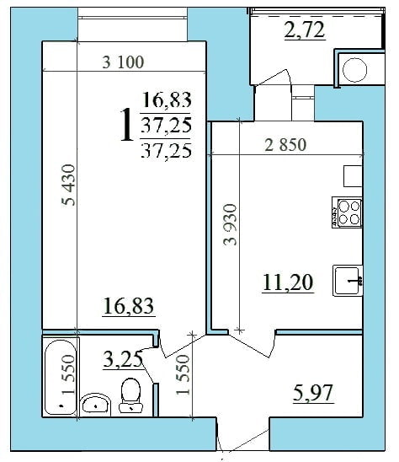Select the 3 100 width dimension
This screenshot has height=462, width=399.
[x=123, y=62]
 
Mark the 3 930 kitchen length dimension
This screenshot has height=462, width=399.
[x=231, y=223]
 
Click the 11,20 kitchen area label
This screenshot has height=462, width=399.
[x=287, y=282]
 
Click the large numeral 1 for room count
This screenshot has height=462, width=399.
[x=126, y=125]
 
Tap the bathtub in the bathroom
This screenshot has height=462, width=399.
[x=60, y=377]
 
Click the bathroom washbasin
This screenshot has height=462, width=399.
[x=95, y=405]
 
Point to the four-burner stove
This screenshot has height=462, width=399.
[x=347, y=214]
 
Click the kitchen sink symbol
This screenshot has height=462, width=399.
[x=348, y=280]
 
